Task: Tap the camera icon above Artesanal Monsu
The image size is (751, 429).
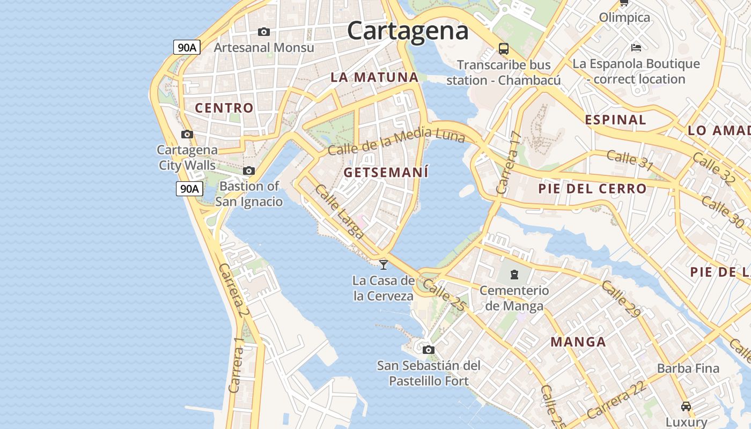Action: [263, 32]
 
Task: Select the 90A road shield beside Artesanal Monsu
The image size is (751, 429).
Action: [187, 47]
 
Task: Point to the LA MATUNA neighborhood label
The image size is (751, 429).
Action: [374, 77]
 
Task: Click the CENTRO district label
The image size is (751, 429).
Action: [224, 108]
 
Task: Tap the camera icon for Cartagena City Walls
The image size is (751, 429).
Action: [187, 134]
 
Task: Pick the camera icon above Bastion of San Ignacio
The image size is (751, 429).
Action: [249, 171]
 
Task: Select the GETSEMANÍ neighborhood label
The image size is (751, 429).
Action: [386, 173]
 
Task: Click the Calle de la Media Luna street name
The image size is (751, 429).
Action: [396, 140]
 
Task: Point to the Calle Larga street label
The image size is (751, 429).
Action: [340, 212]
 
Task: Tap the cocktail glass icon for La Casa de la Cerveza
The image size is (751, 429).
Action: [384, 264]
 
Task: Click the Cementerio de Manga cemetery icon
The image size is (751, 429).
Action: [514, 275]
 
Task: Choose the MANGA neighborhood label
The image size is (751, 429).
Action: [578, 342]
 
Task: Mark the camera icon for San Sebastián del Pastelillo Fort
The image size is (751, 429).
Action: [428, 350]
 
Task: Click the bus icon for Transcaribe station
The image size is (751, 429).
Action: [503, 49]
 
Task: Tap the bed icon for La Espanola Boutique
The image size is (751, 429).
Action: [636, 48]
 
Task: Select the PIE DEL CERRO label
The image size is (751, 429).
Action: [592, 189]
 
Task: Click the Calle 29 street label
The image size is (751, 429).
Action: [620, 299]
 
